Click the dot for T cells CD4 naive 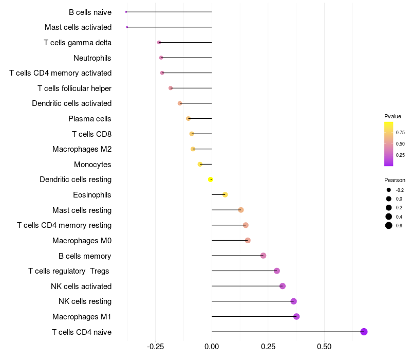tap(364, 332)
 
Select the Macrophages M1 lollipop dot tap(296, 316)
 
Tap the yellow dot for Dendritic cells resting tap(211, 179)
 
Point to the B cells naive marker tap(126, 12)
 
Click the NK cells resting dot tap(293, 301)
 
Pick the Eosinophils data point tap(225, 194)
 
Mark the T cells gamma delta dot tap(159, 42)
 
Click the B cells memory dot tap(264, 256)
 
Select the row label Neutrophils tap(92, 58)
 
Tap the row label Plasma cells tap(90, 119)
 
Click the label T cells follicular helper tap(74, 88)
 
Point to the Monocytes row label tap(92, 165)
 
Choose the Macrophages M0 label tap(82, 241)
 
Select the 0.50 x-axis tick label tap(324, 347)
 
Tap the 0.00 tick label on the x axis tap(212, 347)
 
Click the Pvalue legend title tap(393, 116)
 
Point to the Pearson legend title tap(395, 180)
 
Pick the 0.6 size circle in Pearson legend tap(389, 225)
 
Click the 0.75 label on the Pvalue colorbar tap(400, 132)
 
